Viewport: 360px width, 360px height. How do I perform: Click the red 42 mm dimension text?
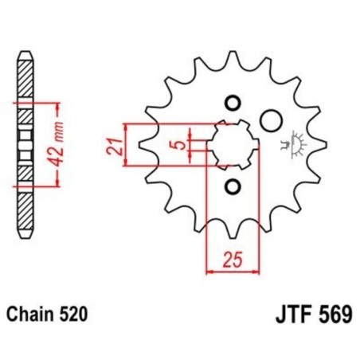(53, 145)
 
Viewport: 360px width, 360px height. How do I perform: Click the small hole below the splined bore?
(233, 188)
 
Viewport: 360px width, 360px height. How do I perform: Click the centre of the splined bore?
(233, 145)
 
